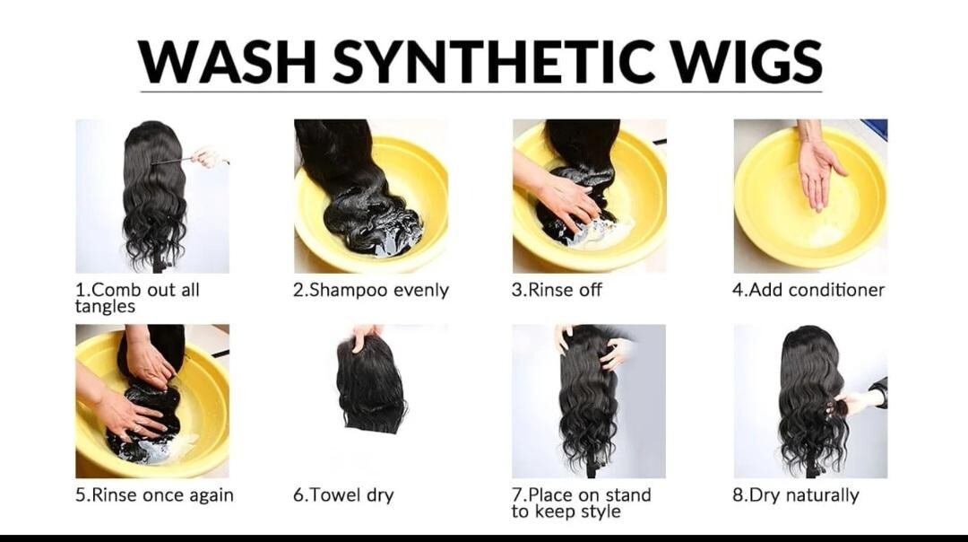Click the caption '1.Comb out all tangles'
pyautogui.click(x=137, y=298)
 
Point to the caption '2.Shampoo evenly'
pyautogui.click(x=371, y=290)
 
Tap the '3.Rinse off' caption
pyautogui.click(x=557, y=290)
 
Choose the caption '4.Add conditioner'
pyautogui.click(x=808, y=290)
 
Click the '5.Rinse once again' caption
pyautogui.click(x=154, y=495)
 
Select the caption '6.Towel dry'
pyautogui.click(x=343, y=495)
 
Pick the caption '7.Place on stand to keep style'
pyautogui.click(x=581, y=503)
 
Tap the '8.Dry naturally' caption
pyautogui.click(x=796, y=495)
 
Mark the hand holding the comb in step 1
pyautogui.click(x=209, y=158)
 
